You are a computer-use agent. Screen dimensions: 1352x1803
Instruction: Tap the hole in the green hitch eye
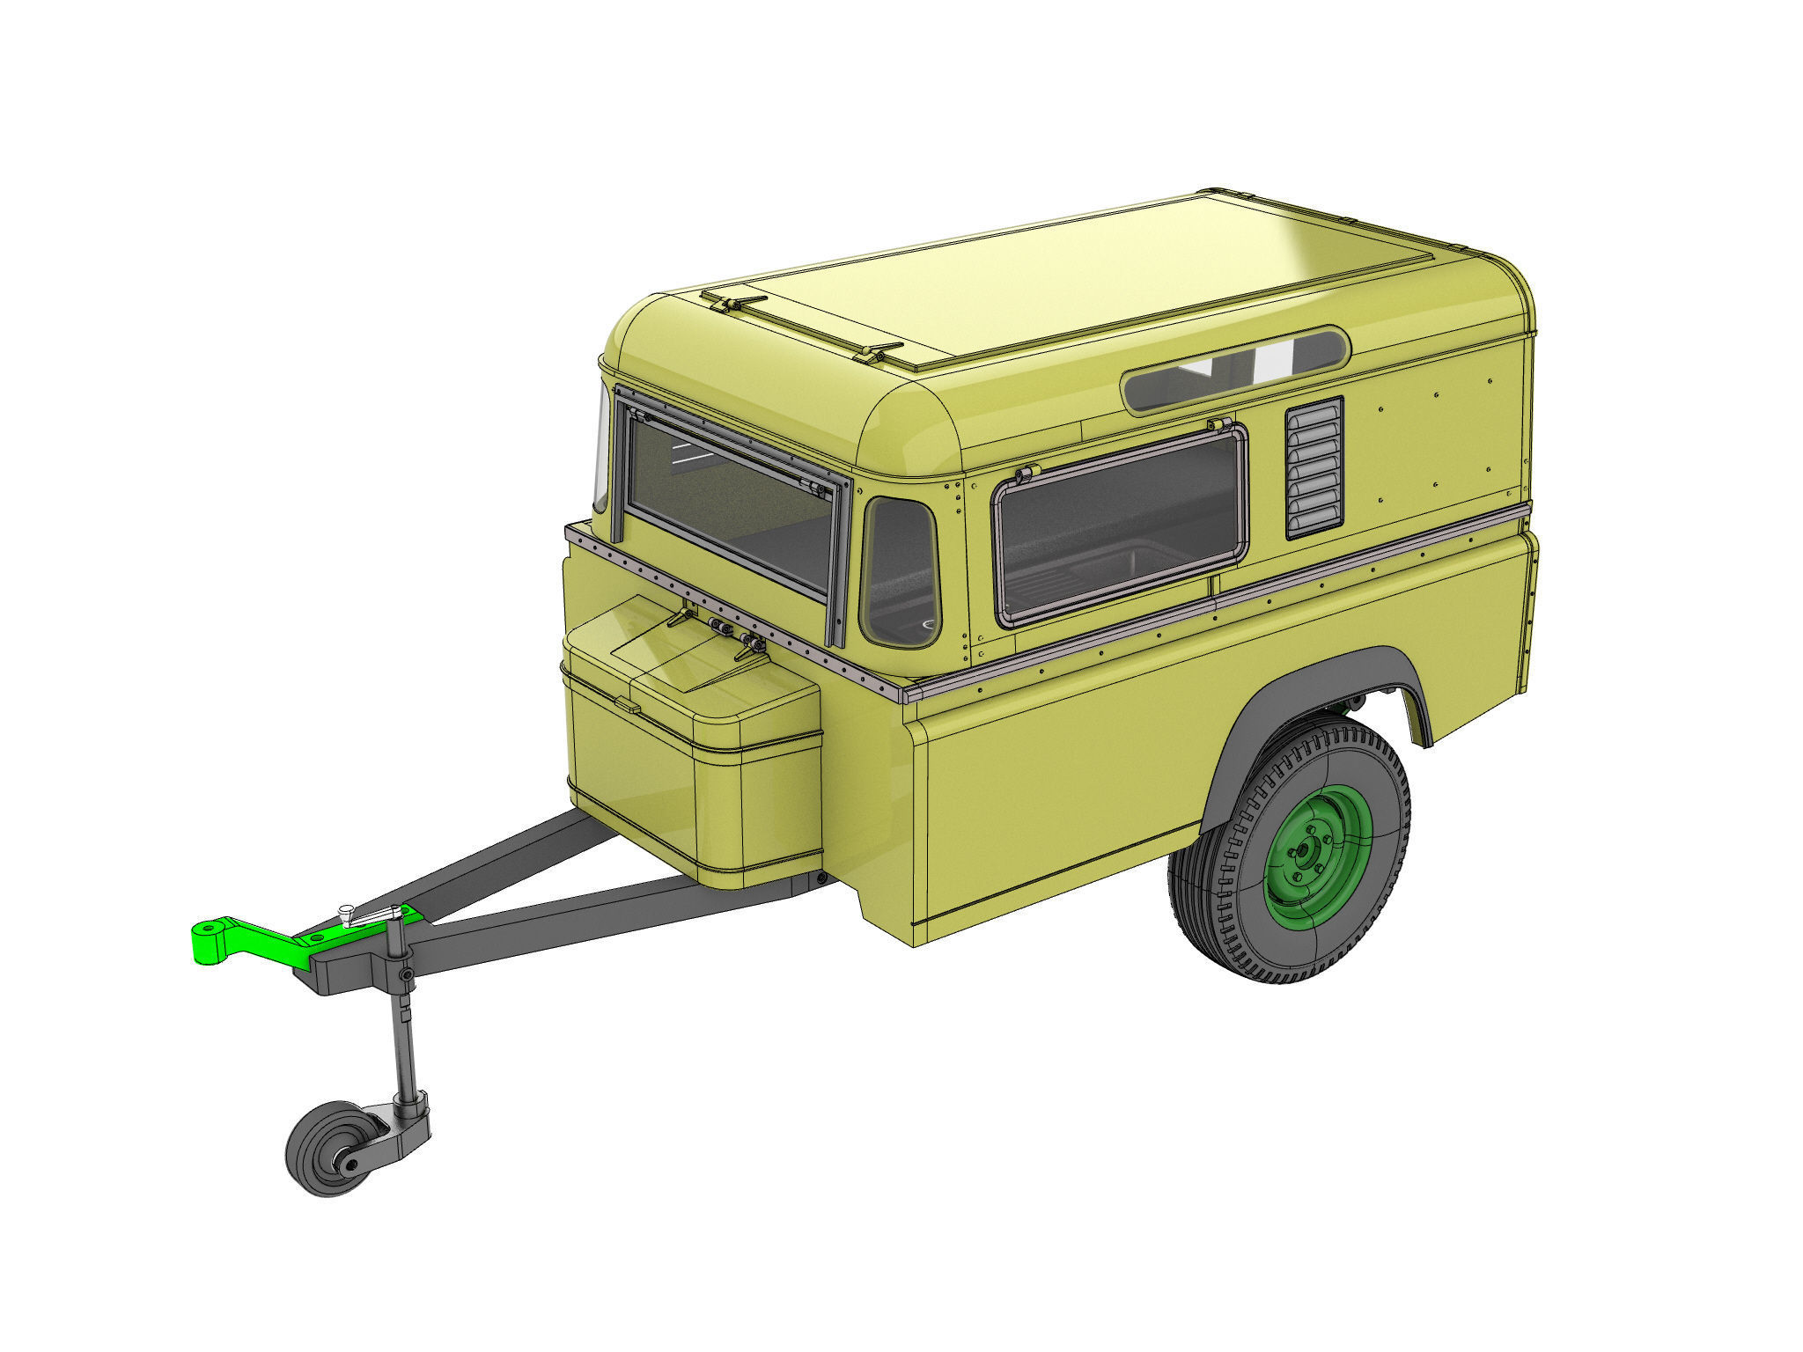point(210,929)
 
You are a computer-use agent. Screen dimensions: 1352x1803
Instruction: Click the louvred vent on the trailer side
point(1314,467)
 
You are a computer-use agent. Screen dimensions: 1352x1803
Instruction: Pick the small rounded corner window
point(900,572)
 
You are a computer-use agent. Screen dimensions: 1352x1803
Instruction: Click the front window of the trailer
point(731,502)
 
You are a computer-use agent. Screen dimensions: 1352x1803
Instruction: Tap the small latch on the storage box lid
point(627,704)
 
